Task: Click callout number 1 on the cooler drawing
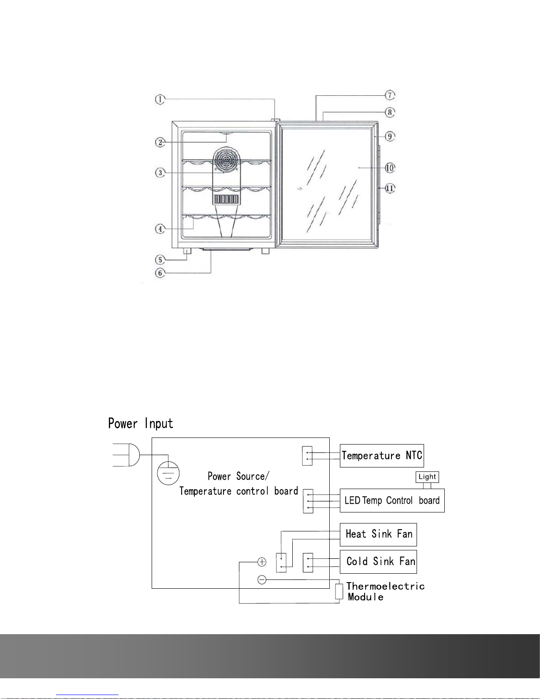pos(160,99)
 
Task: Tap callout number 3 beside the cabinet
pos(160,173)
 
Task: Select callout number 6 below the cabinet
pos(160,273)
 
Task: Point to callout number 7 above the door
pos(390,95)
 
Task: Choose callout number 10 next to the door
pos(390,168)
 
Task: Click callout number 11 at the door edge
pos(390,188)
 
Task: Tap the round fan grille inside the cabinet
pos(227,160)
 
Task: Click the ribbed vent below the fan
pos(227,199)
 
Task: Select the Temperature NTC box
pos(382,456)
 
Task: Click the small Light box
pos(427,477)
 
